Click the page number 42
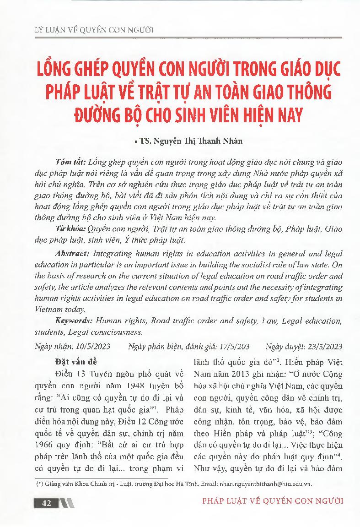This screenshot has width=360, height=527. point(46,503)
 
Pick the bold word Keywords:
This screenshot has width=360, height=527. point(75,321)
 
